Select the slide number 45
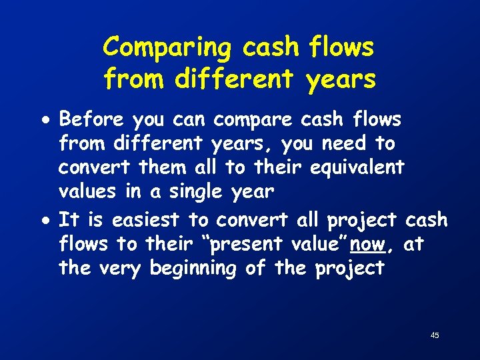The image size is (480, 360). [435, 335]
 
